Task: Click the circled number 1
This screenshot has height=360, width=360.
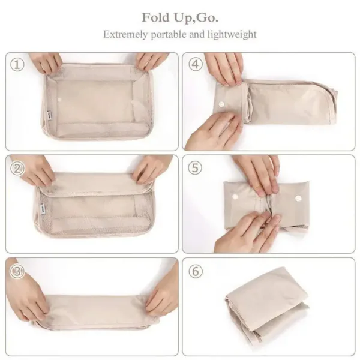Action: [19, 65]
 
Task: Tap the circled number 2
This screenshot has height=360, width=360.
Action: [19, 168]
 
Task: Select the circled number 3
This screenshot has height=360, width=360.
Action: [19, 272]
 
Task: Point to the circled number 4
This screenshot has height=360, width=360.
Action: [196, 65]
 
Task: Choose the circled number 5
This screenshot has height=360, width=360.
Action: [196, 168]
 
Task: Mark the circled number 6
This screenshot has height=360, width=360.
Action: [196, 272]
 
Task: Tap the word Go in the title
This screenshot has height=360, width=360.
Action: [206, 16]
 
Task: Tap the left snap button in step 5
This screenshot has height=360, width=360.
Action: [235, 197]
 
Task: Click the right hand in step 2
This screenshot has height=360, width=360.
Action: [152, 168]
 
